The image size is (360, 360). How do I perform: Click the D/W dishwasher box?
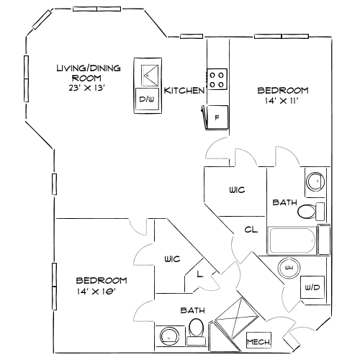coord(147,99)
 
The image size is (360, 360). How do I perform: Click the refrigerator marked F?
coord(217,115)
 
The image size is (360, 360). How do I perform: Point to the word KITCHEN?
coord(184,91)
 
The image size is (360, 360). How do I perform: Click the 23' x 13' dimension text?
coord(87,87)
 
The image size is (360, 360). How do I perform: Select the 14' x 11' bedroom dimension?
coord(282,102)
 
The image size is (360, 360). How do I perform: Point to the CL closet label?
coord(251,230)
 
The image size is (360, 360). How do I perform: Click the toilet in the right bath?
coord(309,212)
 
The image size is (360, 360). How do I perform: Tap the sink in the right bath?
coord(315,181)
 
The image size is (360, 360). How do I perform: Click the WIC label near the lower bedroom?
coord(171,258)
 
